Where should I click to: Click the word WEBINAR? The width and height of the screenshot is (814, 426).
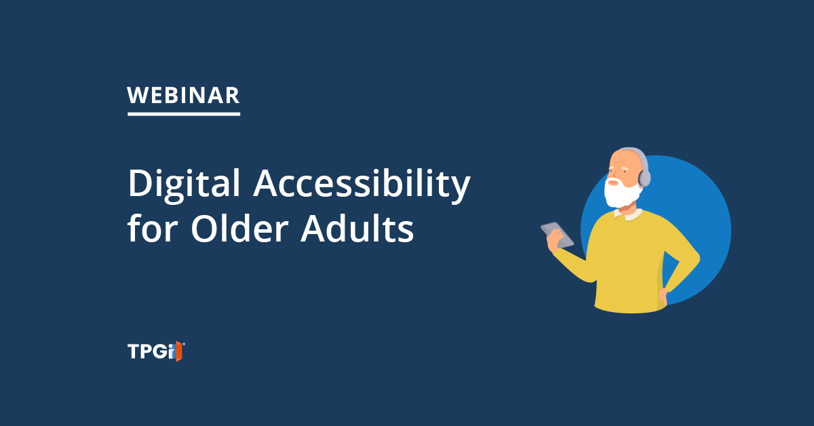pyautogui.click(x=183, y=96)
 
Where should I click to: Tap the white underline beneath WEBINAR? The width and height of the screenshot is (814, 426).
pyautogui.click(x=184, y=114)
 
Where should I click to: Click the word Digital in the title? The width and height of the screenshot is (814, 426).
pyautogui.click(x=184, y=185)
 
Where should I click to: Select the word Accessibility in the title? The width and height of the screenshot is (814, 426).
pyautogui.click(x=362, y=185)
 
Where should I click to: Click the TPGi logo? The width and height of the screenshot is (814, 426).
pyautogui.click(x=156, y=351)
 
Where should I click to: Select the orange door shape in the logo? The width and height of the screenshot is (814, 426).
pyautogui.click(x=178, y=351)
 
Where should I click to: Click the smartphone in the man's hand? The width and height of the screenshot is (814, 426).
pyautogui.click(x=557, y=235)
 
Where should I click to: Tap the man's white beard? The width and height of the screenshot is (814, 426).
pyautogui.click(x=622, y=193)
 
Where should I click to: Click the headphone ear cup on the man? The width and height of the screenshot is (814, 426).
pyautogui.click(x=644, y=178)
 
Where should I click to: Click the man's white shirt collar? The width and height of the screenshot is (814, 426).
pyautogui.click(x=628, y=214)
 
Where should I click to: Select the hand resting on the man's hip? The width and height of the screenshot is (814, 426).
pyautogui.click(x=663, y=296)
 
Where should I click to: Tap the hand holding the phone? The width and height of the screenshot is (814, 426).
pyautogui.click(x=555, y=241)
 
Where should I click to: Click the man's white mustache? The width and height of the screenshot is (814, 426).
pyautogui.click(x=614, y=180)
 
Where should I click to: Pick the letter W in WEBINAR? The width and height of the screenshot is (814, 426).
pyautogui.click(x=136, y=96)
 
